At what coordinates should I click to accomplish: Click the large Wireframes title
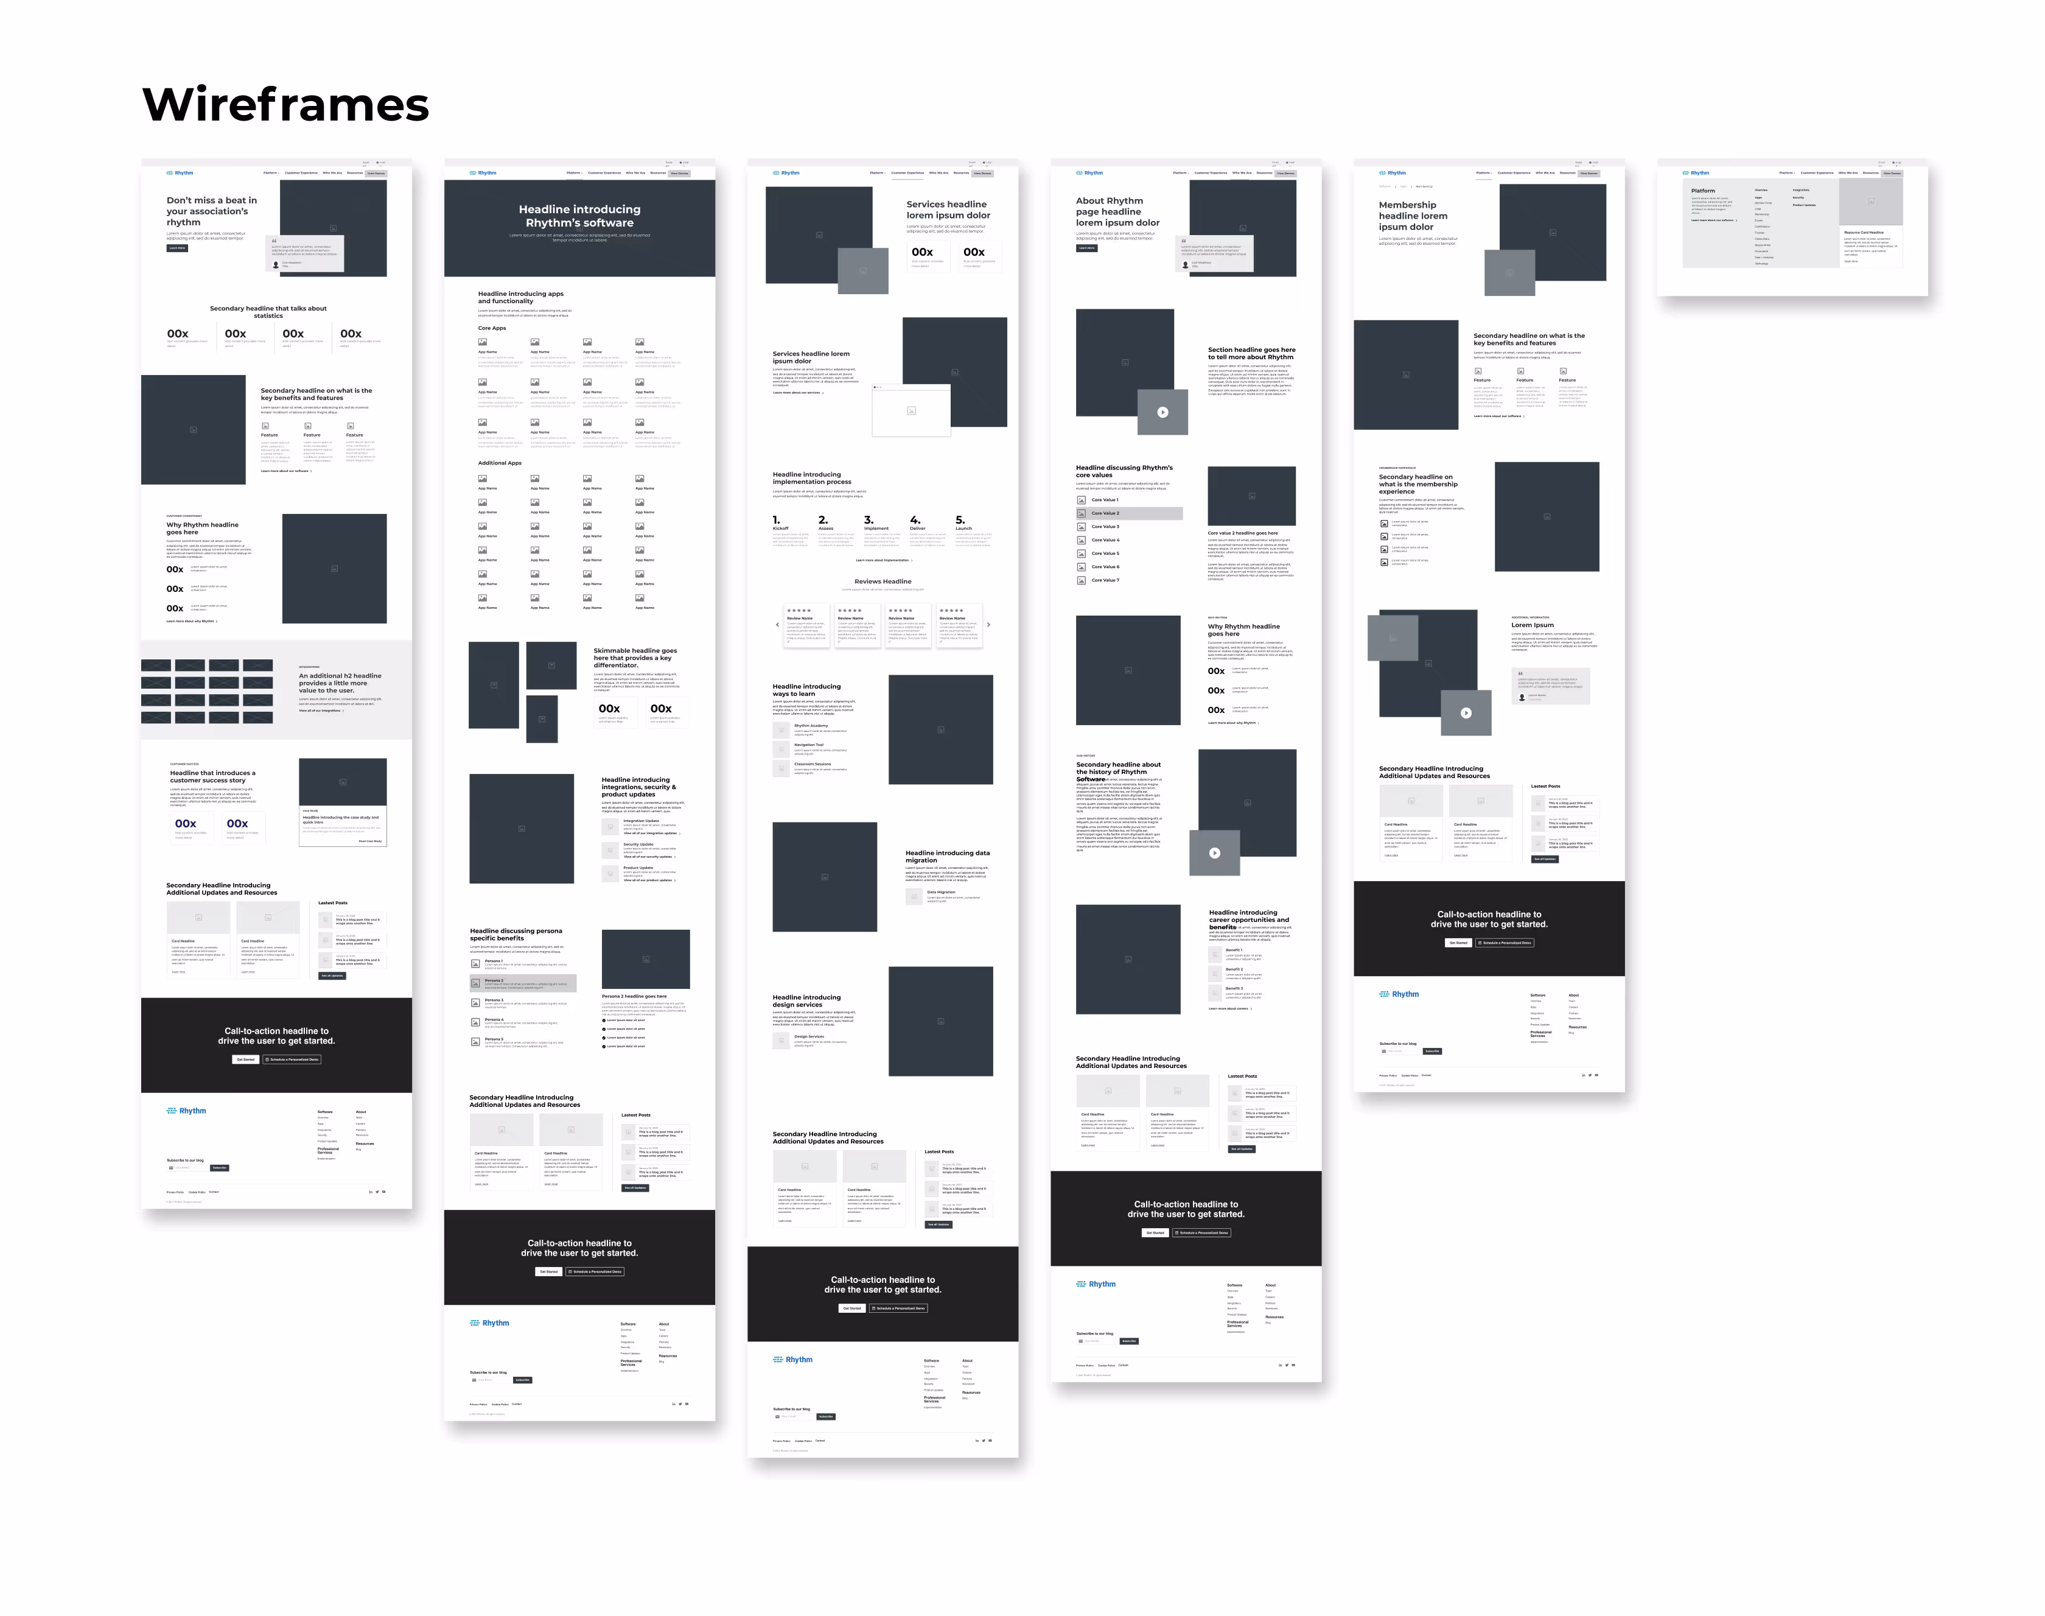[285, 105]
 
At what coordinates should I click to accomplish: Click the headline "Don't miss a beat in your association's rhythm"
[212, 211]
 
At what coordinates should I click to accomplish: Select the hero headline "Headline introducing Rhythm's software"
[579, 216]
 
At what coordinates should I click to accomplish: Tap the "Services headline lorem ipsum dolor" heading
[948, 209]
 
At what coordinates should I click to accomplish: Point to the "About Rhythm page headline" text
[1117, 212]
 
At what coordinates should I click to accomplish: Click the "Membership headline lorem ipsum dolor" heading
[1412, 216]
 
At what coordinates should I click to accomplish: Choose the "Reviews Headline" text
[883, 582]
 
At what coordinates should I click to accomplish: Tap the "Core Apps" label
[492, 328]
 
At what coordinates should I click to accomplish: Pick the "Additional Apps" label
[500, 463]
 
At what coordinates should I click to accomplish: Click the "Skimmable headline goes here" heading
[635, 658]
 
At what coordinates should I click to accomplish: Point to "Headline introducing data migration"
[947, 856]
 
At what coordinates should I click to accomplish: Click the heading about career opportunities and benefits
[1248, 919]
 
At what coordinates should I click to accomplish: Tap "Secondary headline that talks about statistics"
[268, 311]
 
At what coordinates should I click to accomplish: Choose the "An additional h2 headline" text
[340, 683]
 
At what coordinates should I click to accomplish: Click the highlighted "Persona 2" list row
[522, 983]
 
